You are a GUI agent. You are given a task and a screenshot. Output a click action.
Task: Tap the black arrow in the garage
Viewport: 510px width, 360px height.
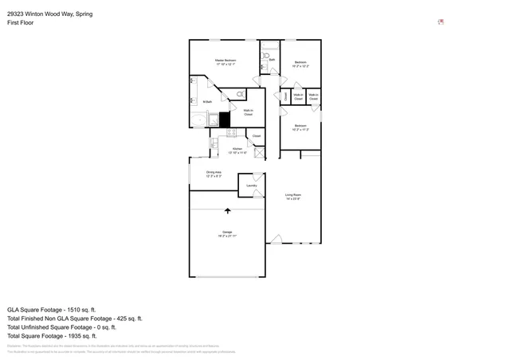pos(228,211)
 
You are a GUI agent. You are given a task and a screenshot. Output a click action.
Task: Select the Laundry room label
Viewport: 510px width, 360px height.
pos(251,185)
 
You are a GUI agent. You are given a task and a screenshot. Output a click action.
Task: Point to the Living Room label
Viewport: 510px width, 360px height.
pos(293,197)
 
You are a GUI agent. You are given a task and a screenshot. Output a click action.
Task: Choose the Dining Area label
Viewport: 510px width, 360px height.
pos(214,174)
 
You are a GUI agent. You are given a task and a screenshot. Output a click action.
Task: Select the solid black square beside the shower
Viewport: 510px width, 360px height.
pos(225,119)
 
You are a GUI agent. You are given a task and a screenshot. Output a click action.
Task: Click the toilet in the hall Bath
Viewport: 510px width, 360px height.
pos(265,56)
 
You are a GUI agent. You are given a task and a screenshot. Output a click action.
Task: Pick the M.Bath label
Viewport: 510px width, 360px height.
pos(206,101)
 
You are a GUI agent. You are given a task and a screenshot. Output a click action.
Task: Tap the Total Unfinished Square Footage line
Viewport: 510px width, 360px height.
pos(61,327)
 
